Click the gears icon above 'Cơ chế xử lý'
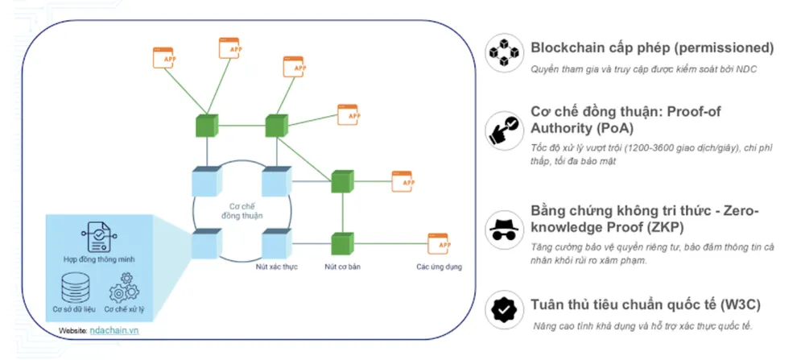point(124,287)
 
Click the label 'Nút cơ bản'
point(341,265)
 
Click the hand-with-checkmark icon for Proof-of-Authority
point(505,128)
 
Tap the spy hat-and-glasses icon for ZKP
point(505,227)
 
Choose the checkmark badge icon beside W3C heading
point(505,309)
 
